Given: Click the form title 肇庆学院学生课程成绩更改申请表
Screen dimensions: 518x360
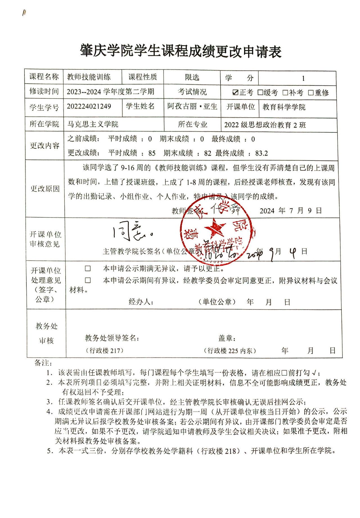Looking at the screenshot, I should [181, 51].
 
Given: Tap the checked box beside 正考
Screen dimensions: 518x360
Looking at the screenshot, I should [235, 92].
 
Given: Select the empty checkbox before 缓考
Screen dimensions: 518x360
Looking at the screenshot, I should [260, 92].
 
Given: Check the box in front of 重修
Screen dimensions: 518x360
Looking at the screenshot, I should [310, 92].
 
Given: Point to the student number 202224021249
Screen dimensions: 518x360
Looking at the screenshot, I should [89, 107].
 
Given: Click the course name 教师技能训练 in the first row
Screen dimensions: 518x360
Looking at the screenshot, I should [89, 77].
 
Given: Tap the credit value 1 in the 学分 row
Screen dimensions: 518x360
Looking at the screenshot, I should [303, 78].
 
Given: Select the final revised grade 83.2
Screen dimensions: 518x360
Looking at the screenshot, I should [262, 153].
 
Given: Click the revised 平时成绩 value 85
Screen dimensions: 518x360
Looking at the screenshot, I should [152, 153].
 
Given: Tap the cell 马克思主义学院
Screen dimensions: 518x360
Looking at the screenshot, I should [93, 124].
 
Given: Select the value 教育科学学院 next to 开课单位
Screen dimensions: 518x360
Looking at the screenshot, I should [284, 107].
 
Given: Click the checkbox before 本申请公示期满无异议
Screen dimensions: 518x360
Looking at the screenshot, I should [88, 268].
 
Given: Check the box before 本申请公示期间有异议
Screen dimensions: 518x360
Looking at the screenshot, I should [88, 280].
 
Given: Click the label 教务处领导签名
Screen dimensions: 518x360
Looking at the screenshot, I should [112, 338].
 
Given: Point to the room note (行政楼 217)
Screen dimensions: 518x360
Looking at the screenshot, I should [104, 350].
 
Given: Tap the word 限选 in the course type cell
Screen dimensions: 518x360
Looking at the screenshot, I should [192, 77].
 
